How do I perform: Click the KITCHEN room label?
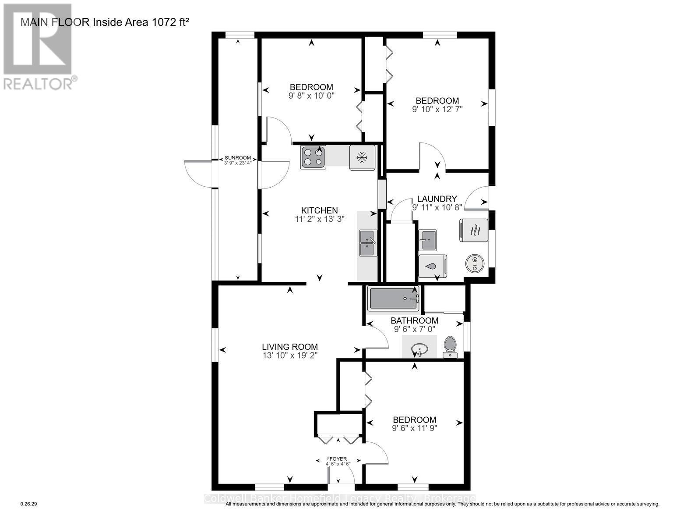click(319, 210)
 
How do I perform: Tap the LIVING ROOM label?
click(290, 347)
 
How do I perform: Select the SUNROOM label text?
click(238, 158)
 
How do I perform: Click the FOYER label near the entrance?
click(338, 459)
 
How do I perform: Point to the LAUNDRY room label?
click(437, 199)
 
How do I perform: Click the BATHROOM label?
click(414, 320)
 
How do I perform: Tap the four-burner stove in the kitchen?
click(313, 157)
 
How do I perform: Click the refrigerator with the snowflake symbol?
click(362, 157)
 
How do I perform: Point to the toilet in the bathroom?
click(450, 347)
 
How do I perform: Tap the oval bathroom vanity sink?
click(419, 349)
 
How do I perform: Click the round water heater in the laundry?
click(474, 263)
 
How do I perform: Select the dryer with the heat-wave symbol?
click(473, 230)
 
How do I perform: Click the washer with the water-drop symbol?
click(432, 266)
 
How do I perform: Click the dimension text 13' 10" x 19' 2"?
click(290, 355)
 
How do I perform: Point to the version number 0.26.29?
click(29, 504)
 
